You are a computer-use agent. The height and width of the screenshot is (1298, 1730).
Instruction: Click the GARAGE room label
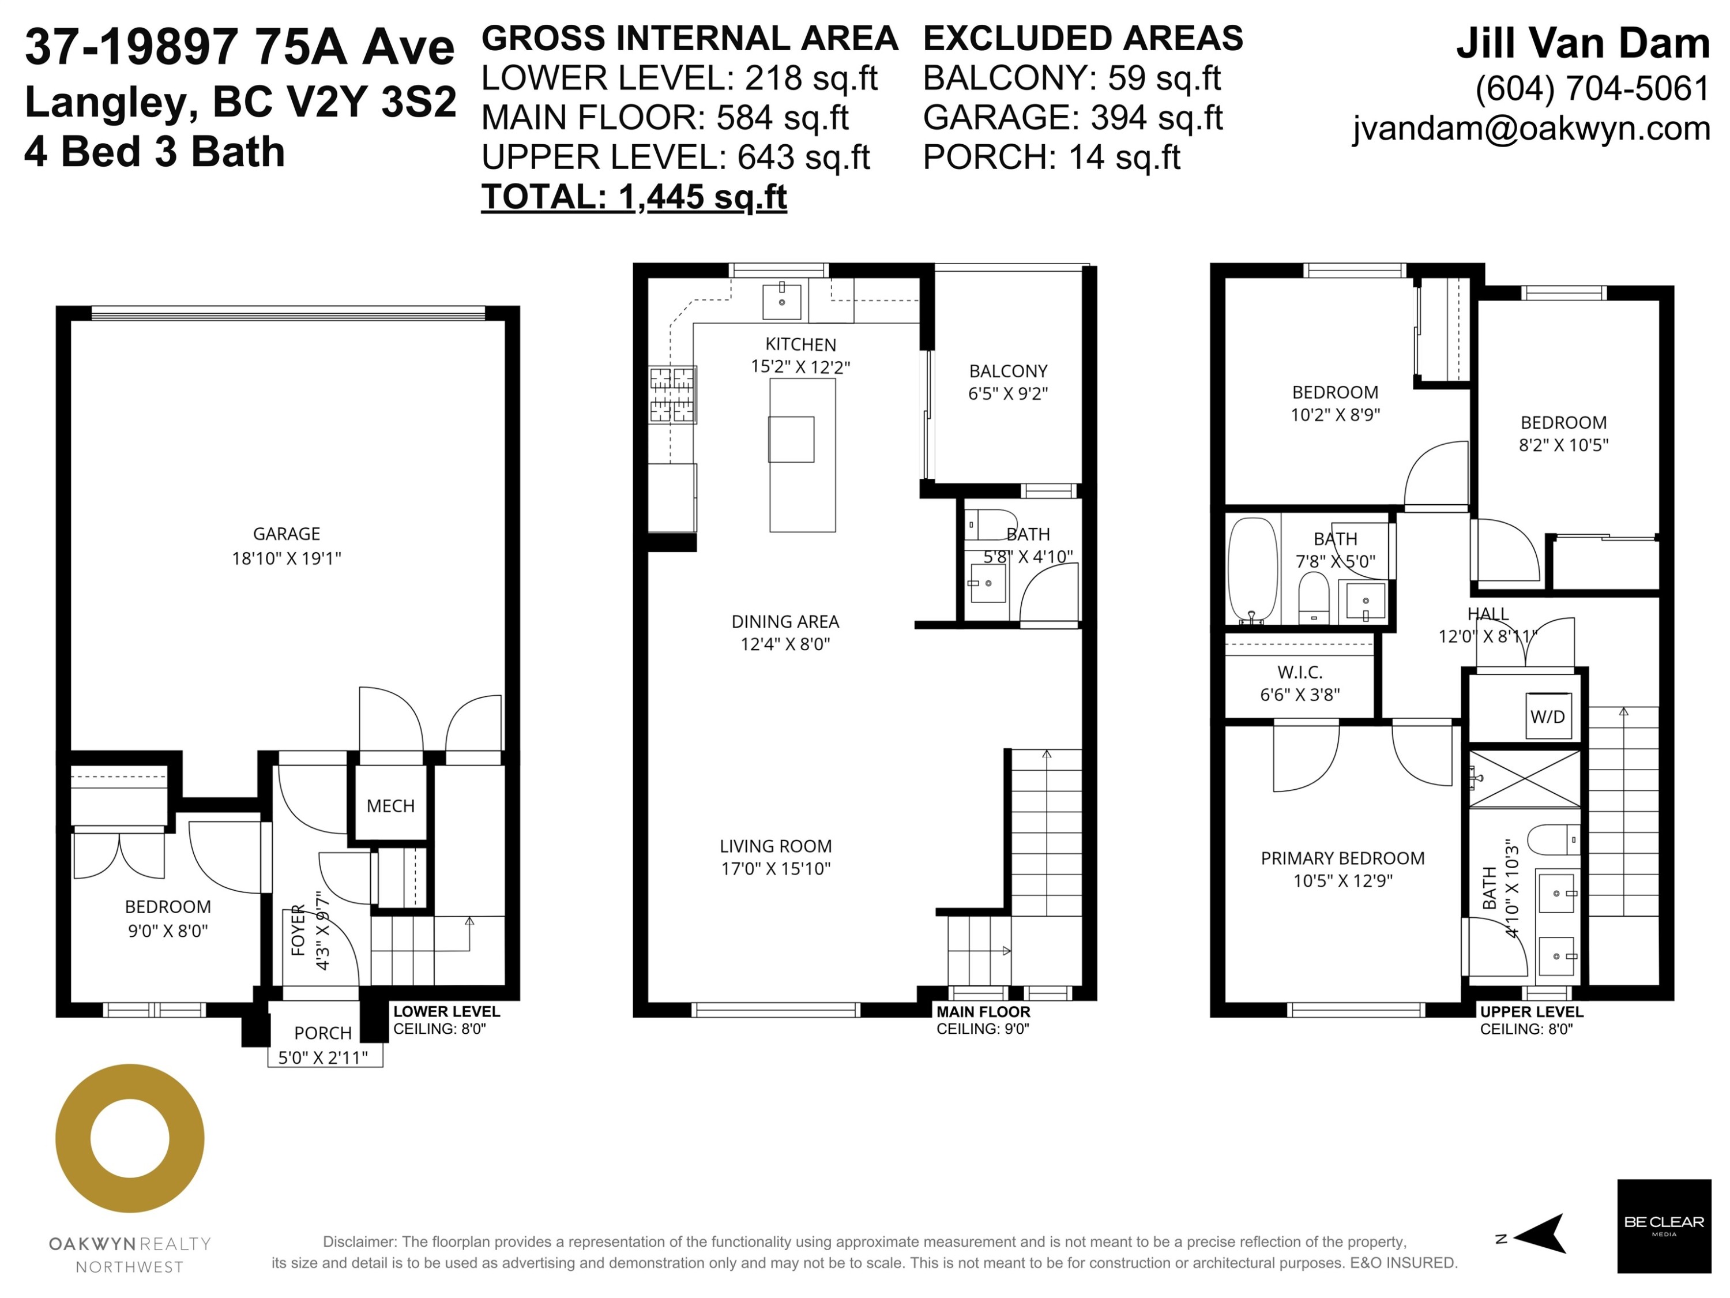286,534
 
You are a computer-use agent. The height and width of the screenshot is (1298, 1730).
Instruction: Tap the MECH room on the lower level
390,806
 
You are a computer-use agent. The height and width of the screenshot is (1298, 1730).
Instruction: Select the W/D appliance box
1547,716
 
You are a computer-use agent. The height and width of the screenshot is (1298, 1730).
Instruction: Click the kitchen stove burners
672,395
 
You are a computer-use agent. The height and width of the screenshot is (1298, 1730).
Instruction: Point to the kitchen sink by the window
781,301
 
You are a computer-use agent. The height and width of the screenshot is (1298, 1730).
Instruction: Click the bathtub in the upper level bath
1252,569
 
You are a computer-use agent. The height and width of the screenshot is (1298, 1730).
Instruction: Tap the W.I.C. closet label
1299,672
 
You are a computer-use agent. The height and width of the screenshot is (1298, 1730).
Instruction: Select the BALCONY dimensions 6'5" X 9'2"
1007,393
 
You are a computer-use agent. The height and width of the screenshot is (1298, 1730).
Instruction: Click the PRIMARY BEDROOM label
1342,858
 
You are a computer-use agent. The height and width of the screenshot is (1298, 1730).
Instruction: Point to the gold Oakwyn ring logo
130,1138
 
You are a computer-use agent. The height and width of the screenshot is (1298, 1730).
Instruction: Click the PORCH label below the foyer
322,1033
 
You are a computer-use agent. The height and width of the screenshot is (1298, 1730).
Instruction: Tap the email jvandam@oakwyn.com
1530,128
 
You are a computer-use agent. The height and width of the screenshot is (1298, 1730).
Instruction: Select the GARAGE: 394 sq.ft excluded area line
1072,117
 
